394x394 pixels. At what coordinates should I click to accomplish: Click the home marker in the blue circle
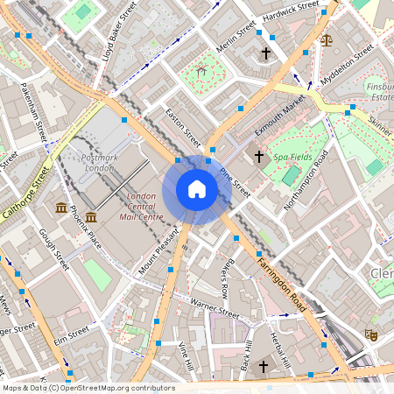click(196, 189)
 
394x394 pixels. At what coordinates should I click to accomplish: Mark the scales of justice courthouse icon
click(327, 39)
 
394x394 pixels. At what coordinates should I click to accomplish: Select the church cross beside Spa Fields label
click(258, 157)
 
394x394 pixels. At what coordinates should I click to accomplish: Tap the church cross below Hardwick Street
click(265, 54)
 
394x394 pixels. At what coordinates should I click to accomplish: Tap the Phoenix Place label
click(86, 227)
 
